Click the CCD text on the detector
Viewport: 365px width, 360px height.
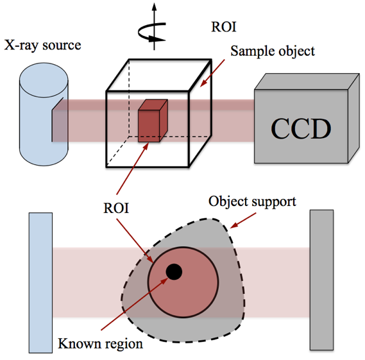point(301,128)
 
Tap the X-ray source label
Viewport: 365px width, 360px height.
point(43,45)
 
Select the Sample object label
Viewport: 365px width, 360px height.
point(273,51)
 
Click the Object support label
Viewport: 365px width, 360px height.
point(252,201)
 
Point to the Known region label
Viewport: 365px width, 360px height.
point(100,344)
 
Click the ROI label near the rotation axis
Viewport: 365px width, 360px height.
point(224,27)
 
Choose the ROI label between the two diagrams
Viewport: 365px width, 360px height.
point(116,208)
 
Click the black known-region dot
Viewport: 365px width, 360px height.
point(174,271)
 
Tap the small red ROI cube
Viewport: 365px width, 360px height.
point(153,121)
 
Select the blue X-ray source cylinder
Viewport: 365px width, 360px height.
point(44,114)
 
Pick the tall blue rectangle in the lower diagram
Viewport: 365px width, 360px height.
point(40,283)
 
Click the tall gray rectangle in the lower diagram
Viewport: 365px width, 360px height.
point(322,280)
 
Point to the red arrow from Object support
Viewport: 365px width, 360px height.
point(242,220)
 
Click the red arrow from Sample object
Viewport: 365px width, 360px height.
point(212,73)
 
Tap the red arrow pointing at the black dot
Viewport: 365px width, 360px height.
point(134,304)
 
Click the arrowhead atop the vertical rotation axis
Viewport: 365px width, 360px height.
point(154,6)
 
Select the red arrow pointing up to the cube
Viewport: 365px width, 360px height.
point(132,169)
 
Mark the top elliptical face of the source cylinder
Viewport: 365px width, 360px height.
point(44,80)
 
